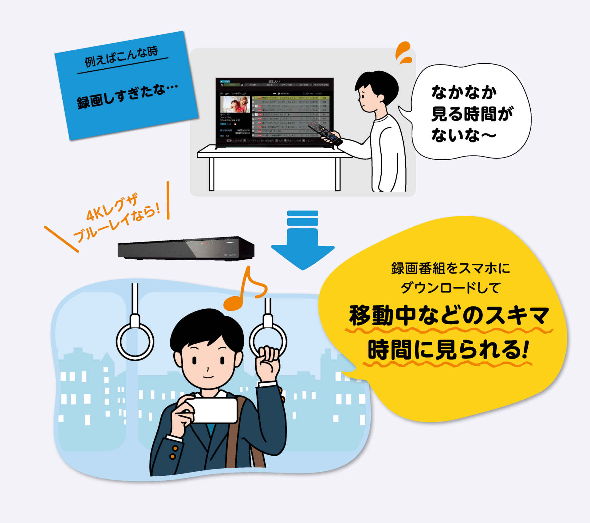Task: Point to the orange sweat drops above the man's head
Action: [403, 53]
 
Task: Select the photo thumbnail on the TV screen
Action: [235, 104]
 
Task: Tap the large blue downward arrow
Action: [303, 243]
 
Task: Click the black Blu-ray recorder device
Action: [186, 248]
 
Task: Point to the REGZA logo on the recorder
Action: [230, 255]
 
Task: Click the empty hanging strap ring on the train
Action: [135, 341]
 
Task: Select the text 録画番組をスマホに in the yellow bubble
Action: [450, 268]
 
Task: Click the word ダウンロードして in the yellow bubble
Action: [450, 288]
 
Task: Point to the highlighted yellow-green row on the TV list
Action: [290, 98]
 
